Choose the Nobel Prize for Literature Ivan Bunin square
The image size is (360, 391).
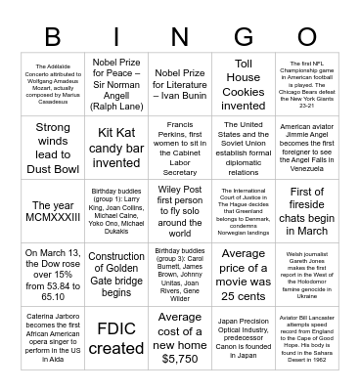[180, 84]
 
